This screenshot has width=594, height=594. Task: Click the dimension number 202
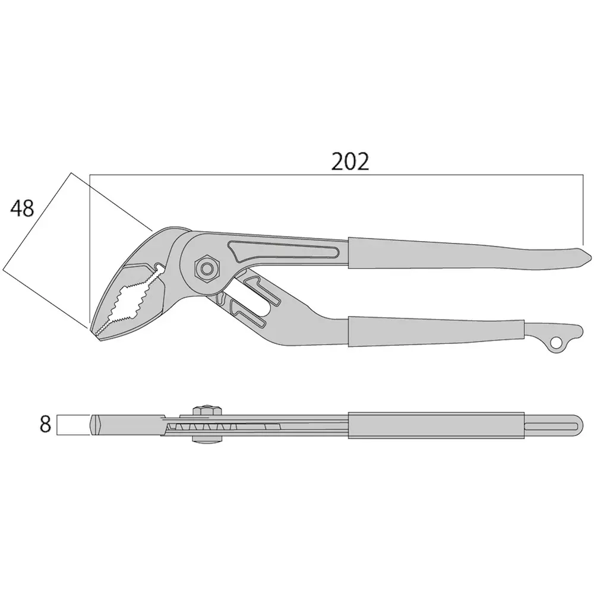[350, 162]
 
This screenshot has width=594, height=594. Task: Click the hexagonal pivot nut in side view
[206, 268]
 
